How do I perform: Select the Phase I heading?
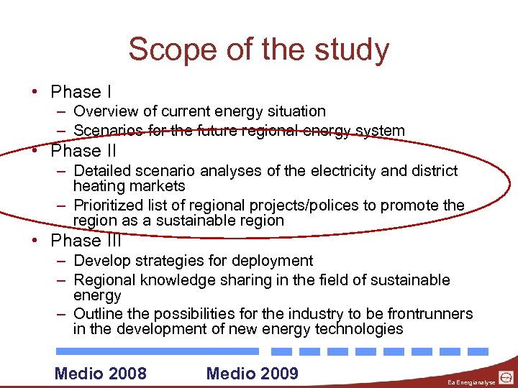[81, 92]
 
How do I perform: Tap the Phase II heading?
[83, 151]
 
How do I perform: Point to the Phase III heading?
[86, 241]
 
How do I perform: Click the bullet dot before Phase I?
[35, 92]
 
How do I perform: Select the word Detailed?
[102, 171]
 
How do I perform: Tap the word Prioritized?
[109, 205]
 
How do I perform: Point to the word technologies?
[359, 330]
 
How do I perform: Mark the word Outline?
[98, 314]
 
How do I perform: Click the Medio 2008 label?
[101, 373]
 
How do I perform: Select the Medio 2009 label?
[252, 373]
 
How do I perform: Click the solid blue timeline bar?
[157, 351]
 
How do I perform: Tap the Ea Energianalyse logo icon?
[506, 377]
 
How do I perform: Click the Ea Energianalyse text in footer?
[471, 382]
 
